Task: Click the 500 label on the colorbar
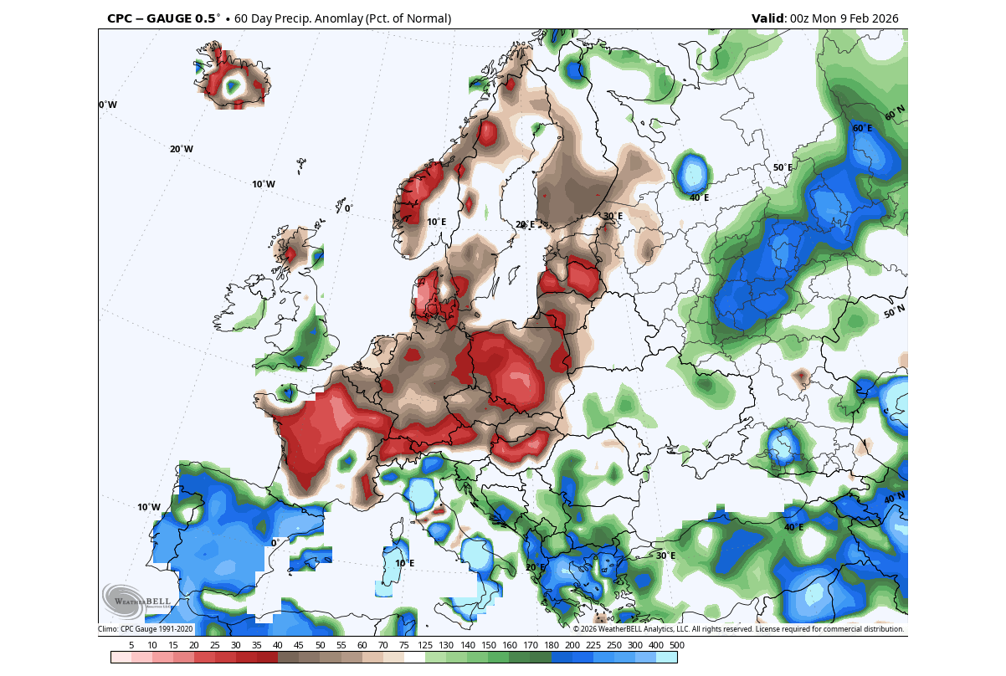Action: tap(677, 645)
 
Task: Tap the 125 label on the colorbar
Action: tap(425, 645)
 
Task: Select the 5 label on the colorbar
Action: tap(131, 645)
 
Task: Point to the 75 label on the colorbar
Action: tap(404, 645)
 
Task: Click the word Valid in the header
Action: tap(767, 18)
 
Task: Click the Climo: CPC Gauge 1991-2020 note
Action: tap(146, 629)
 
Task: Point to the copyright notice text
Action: tap(738, 629)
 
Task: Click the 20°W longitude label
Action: tap(181, 149)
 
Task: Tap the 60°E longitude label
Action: tap(862, 128)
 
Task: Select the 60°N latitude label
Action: tap(895, 111)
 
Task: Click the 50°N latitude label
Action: tap(895, 312)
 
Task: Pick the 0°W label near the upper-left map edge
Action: tap(108, 105)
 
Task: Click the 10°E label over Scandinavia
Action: tap(436, 222)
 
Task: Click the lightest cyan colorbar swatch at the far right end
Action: tap(666, 658)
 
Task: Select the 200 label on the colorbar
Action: tap(572, 645)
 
